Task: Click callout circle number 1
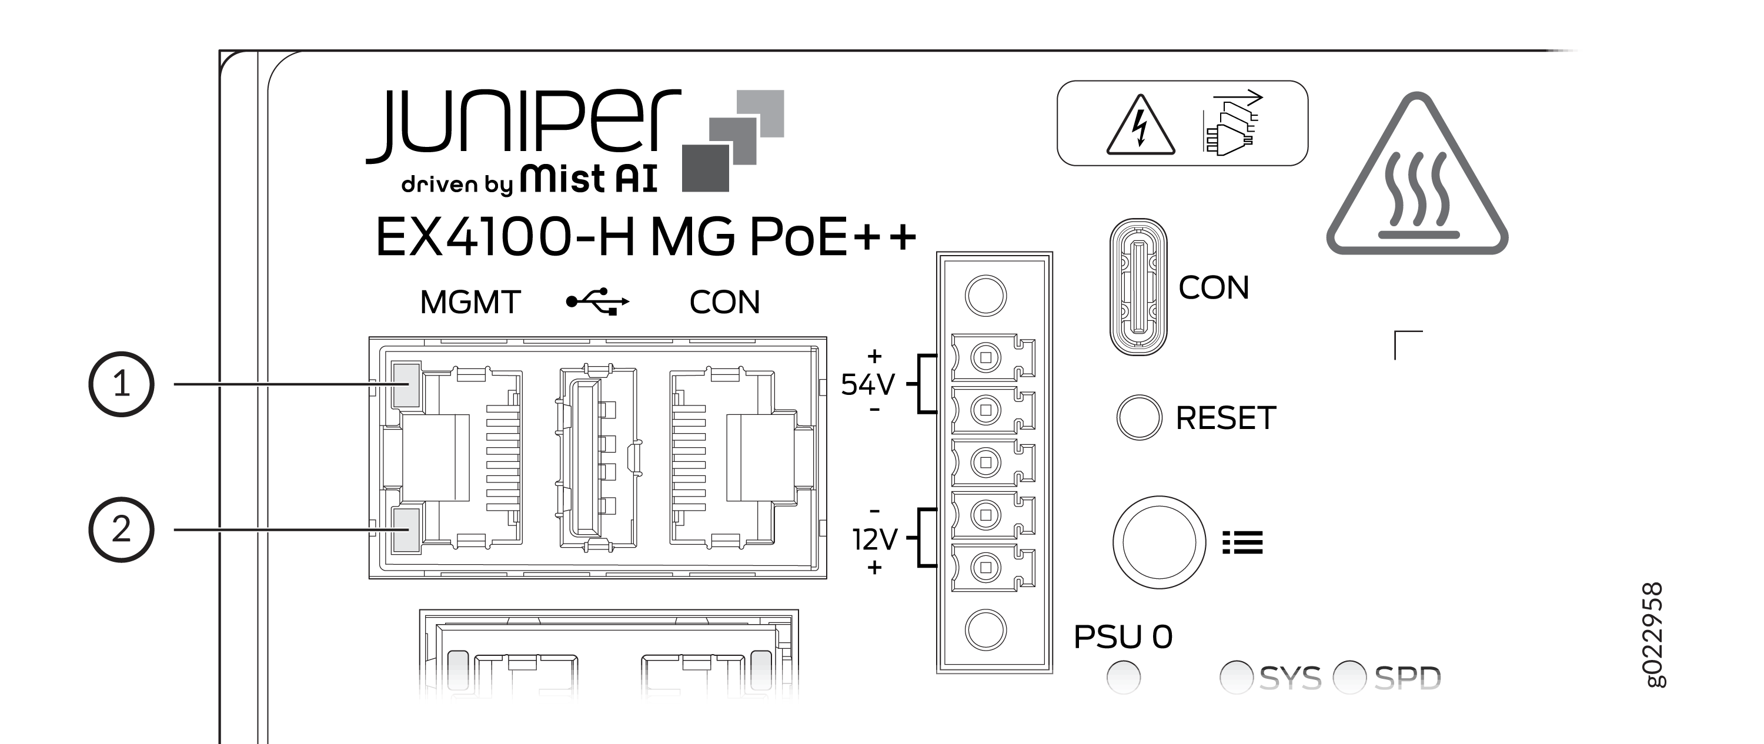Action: [x=121, y=384]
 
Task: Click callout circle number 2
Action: [x=121, y=529]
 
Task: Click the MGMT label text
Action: [x=470, y=302]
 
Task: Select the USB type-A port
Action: [x=598, y=457]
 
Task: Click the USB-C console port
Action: [x=1138, y=287]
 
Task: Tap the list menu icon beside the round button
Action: [x=1242, y=543]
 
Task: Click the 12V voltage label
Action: [x=874, y=539]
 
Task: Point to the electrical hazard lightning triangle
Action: [x=1140, y=125]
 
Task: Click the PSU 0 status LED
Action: [x=1124, y=678]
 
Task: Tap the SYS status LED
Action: [x=1237, y=677]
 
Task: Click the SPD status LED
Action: [x=1349, y=677]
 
